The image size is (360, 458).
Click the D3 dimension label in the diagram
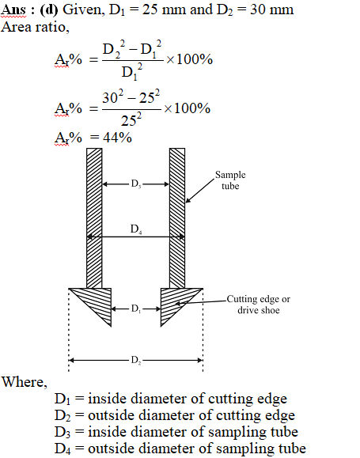(136, 184)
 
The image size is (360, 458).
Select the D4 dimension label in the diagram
(136, 229)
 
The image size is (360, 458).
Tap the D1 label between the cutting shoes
(136, 308)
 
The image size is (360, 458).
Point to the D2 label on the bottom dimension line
(136, 360)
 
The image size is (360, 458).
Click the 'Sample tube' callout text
(230, 180)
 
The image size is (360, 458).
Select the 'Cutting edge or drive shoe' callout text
(259, 304)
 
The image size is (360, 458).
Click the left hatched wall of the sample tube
(94, 218)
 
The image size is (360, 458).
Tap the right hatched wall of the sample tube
(177, 218)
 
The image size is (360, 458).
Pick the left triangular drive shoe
(97, 301)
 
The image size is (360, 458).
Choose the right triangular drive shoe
(175, 301)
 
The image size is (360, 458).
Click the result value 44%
(117, 138)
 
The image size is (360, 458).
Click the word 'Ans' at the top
(13, 9)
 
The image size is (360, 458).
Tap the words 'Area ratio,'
(35, 27)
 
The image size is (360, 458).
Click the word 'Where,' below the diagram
(25, 382)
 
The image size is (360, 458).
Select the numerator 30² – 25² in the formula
(131, 97)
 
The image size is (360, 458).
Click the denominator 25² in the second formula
(131, 119)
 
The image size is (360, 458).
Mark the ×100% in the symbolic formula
(189, 59)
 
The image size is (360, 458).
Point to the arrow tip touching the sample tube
(186, 203)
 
